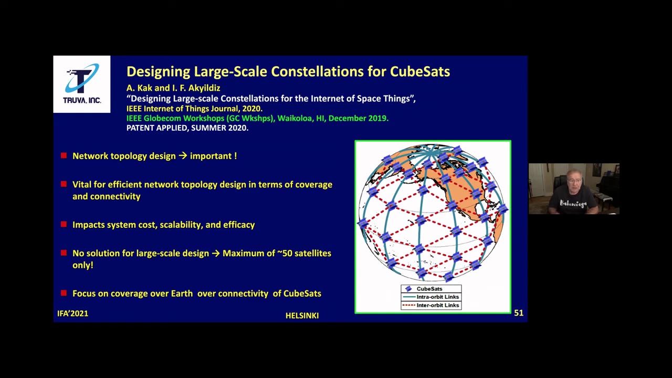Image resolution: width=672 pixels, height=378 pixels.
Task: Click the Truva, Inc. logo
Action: [82, 84]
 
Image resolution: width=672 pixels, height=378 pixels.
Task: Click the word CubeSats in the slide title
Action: [419, 71]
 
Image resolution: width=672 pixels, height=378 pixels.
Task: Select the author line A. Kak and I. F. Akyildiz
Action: [173, 88]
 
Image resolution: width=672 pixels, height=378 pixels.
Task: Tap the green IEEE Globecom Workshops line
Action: [257, 118]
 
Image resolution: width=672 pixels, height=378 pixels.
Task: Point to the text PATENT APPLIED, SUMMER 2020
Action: [187, 128]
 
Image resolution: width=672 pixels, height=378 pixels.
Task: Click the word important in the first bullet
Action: [211, 156]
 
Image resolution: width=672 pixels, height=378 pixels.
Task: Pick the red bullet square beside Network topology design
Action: [64, 155]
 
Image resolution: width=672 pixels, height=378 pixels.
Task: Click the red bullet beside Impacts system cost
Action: [64, 224]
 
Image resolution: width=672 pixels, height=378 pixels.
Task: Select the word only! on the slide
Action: [83, 265]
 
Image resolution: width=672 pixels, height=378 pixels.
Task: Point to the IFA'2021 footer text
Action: [72, 313]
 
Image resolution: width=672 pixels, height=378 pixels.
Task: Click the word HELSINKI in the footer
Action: [302, 316]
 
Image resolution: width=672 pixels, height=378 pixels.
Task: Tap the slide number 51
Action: [519, 313]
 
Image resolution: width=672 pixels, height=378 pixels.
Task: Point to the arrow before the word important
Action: [183, 156]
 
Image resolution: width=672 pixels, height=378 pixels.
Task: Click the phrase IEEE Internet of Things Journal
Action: [182, 108]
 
